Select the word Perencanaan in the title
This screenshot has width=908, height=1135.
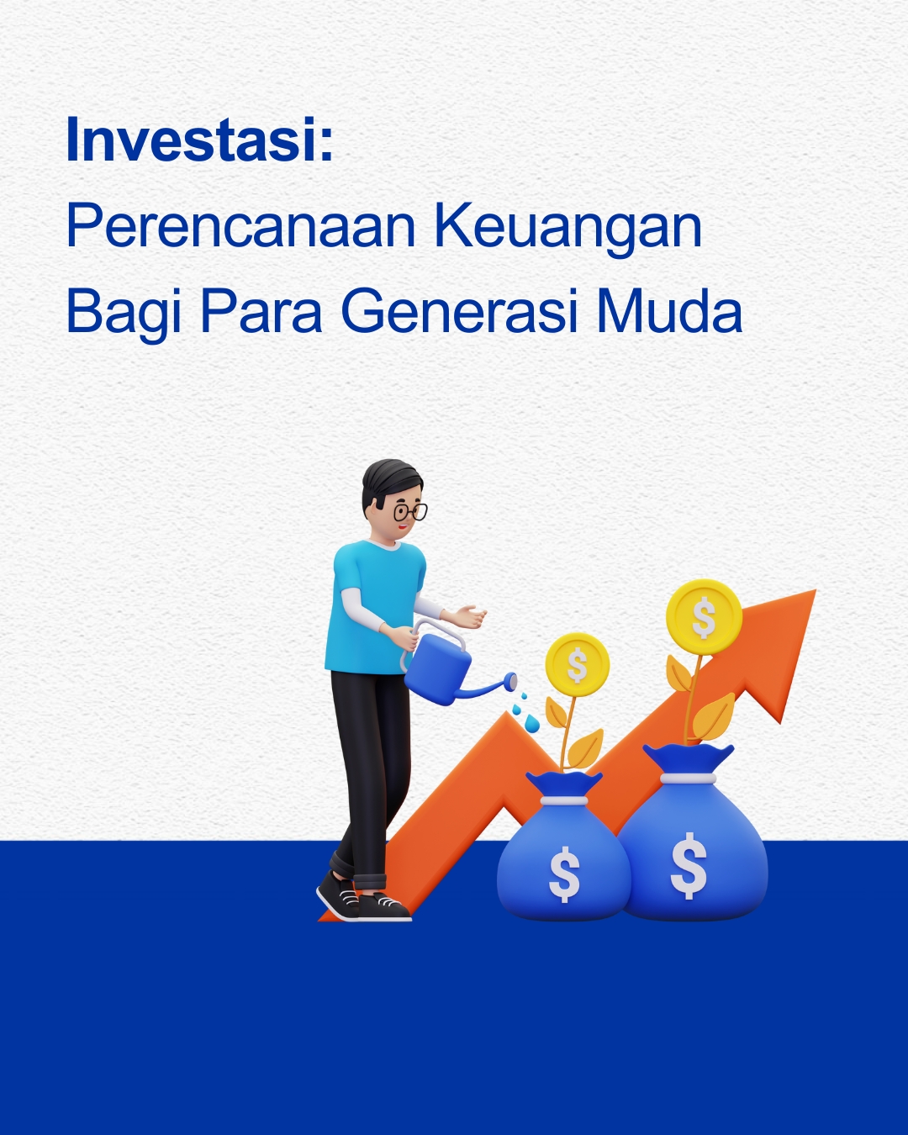[240, 225]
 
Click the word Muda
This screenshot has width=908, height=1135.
[669, 310]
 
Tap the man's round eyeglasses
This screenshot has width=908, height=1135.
[410, 511]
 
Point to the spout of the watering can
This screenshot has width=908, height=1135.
[488, 688]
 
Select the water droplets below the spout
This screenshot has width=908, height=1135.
[525, 712]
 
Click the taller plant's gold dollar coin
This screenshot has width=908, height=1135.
[704, 616]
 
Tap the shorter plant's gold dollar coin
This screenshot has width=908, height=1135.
[578, 664]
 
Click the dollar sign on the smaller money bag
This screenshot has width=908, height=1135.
[564, 874]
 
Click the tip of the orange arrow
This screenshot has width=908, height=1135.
[816, 590]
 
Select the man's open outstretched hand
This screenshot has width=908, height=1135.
[467, 616]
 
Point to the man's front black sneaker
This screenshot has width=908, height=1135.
[383, 907]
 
